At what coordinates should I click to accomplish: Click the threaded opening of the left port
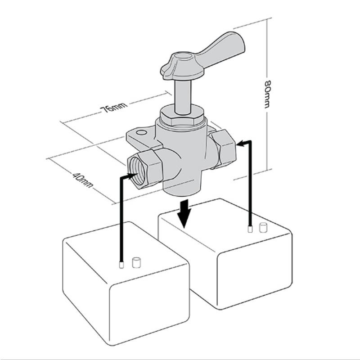134,166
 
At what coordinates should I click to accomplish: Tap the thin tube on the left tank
121,265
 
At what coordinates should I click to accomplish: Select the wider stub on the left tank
135,262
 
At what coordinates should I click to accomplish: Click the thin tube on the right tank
250,229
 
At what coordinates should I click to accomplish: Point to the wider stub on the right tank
264,226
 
